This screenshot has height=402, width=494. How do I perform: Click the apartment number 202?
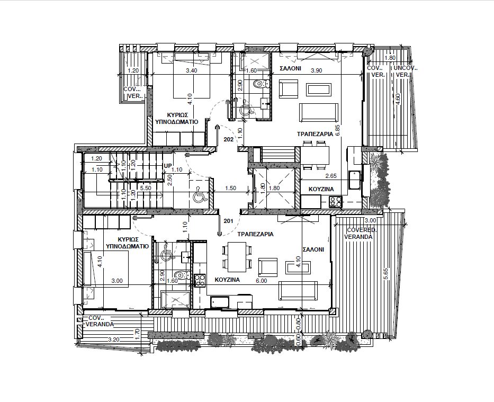228,139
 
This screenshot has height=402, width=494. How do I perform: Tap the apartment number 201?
228,221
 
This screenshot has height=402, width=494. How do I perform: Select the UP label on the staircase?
167,166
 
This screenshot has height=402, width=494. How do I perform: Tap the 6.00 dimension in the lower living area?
262,281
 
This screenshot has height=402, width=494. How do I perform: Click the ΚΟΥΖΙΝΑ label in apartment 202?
321,189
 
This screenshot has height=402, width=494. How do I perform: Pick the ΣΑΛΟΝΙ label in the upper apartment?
291,68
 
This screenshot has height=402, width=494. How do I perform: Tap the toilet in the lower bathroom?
183,275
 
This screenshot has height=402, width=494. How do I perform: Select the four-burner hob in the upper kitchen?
336,202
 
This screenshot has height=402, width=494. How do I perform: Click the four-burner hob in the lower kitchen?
200,280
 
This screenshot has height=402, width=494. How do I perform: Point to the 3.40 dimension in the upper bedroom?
192,70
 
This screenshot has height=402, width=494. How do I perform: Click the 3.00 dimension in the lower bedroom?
117,281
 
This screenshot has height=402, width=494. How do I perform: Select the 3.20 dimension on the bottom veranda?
113,340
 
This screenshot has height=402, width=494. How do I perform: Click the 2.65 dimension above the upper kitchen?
331,176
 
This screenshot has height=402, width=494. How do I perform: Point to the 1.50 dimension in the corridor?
231,188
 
